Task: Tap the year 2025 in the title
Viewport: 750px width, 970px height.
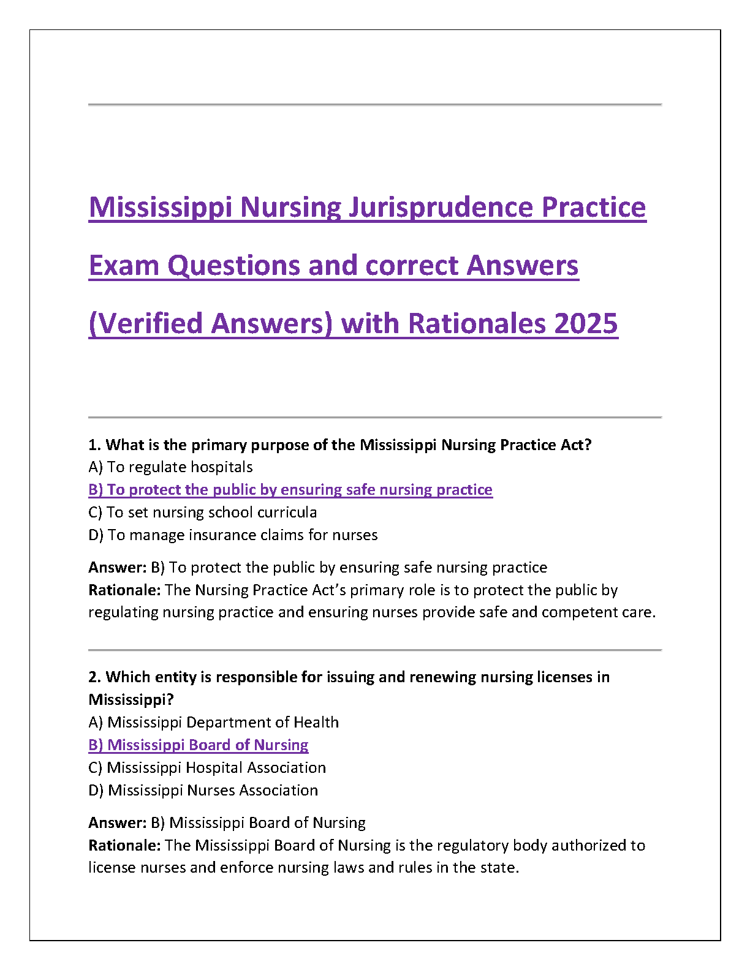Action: [x=586, y=323]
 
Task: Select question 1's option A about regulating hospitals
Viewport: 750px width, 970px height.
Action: [x=170, y=467]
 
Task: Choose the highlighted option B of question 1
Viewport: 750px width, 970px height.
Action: [x=290, y=490]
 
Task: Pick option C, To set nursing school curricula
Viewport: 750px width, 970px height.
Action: [x=203, y=513]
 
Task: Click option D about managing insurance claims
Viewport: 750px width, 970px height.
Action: [x=233, y=535]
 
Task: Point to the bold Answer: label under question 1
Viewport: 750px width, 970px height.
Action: [x=118, y=568]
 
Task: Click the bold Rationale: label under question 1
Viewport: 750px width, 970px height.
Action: [x=124, y=590]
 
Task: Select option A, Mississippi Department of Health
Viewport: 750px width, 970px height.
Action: [x=213, y=723]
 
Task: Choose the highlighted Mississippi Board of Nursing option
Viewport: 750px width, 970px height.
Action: [x=199, y=745]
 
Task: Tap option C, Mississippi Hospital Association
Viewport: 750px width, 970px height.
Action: [x=207, y=768]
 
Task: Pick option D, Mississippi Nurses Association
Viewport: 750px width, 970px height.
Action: [x=203, y=791]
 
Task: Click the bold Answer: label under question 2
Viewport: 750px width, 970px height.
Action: [x=118, y=823]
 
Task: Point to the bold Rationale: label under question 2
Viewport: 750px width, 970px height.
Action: [x=124, y=846]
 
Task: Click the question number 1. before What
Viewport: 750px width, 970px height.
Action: [x=94, y=445]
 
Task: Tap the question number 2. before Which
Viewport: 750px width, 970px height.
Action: [x=94, y=677]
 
